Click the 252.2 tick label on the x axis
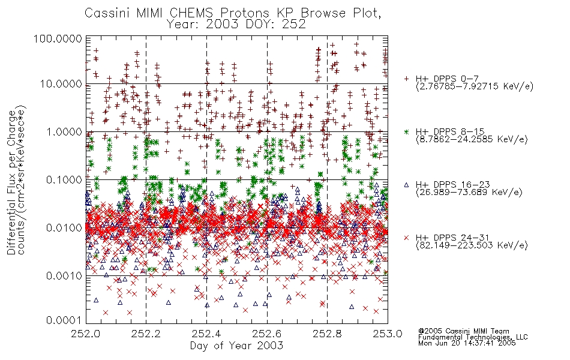tap(146, 334)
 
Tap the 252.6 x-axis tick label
tap(267, 334)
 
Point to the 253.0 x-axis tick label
tap(388, 334)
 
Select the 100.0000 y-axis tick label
tap(58, 38)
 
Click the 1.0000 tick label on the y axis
tap(64, 131)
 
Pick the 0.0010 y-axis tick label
tap(64, 275)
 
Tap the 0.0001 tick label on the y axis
tap(64, 320)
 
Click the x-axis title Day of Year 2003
tap(236, 346)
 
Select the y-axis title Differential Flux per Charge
tap(11, 182)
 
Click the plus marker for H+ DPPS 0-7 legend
tap(406, 79)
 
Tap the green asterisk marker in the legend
tap(406, 131)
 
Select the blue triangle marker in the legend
tap(406, 185)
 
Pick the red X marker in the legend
tap(406, 238)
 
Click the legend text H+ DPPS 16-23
tap(453, 185)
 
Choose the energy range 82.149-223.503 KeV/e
tap(472, 245)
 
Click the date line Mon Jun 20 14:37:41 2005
tap(467, 343)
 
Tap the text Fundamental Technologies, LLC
tap(473, 337)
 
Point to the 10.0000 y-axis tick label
tap(61, 84)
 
